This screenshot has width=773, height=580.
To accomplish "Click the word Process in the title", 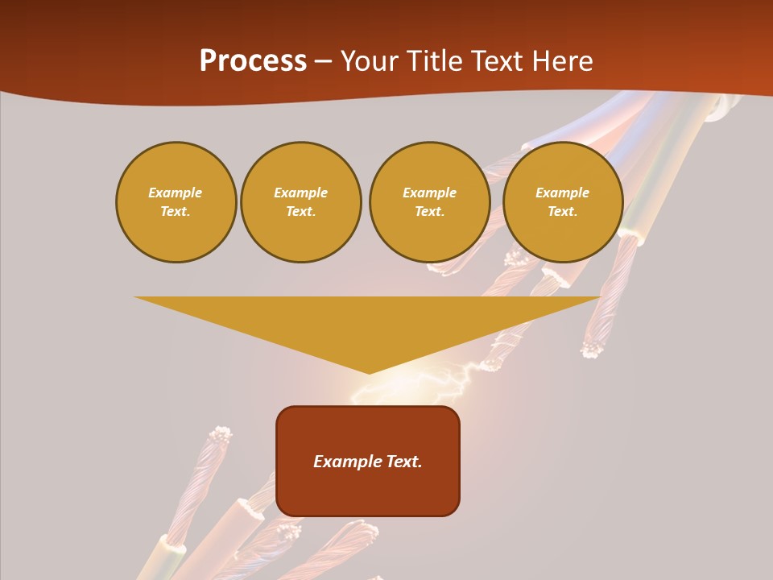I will (253, 61).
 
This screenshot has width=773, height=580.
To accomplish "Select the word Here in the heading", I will (563, 61).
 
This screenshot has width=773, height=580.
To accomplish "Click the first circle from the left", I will (176, 202).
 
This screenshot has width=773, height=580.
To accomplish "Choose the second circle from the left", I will (300, 202).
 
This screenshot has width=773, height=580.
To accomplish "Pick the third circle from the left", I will (429, 202).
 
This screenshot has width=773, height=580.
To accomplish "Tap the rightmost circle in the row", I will (562, 202).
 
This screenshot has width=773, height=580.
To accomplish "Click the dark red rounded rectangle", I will (368, 461).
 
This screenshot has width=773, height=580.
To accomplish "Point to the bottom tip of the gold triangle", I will (369, 372).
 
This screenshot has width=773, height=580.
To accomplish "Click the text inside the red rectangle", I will (368, 462).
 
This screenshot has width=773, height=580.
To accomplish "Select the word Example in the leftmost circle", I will (176, 193).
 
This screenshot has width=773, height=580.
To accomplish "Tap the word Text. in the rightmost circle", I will (562, 212).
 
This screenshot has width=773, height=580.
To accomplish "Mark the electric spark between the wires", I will (451, 383).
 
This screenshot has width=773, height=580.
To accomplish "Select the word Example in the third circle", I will (429, 193).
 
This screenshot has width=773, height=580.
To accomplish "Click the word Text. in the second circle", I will (300, 212).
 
